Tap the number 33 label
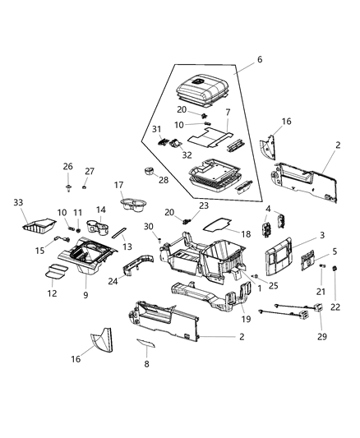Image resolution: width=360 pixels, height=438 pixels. (x=18, y=202)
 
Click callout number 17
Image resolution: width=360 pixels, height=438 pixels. (x=118, y=185)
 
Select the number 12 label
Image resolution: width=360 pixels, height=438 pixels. (x=52, y=293)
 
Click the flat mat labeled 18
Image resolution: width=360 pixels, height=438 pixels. (x=217, y=221)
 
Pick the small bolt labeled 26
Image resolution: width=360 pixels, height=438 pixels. (x=67, y=182)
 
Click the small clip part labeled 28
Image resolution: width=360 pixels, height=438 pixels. (x=150, y=174)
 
